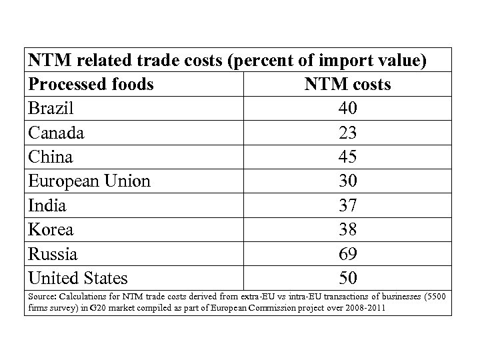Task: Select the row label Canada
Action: pos(56,133)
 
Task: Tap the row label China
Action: pos(51,157)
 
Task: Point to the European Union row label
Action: pos(89,181)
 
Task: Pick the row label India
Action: pos(47,205)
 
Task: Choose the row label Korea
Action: pos(51,229)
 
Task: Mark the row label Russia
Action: pos(53,253)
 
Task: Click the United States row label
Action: pos(78,277)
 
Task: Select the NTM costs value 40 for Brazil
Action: pos(348,109)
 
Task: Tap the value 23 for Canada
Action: pos(348,133)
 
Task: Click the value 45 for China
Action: pos(348,157)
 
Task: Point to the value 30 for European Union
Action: pos(348,181)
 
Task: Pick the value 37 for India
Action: pos(348,205)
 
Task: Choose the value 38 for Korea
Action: pos(348,229)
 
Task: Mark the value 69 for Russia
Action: pos(348,253)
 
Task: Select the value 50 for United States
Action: pos(348,277)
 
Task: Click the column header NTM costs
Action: pos(347,85)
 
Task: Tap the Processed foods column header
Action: pos(91,85)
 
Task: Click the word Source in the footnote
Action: pos(41,296)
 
